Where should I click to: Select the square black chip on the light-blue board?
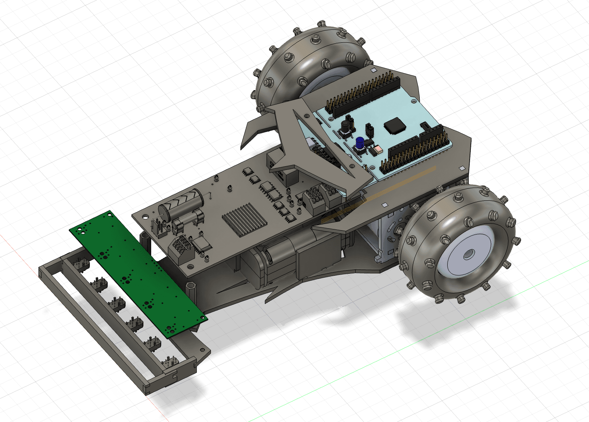(394, 126)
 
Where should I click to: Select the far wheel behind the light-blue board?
(310, 59)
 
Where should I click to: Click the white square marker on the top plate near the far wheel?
(373, 70)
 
